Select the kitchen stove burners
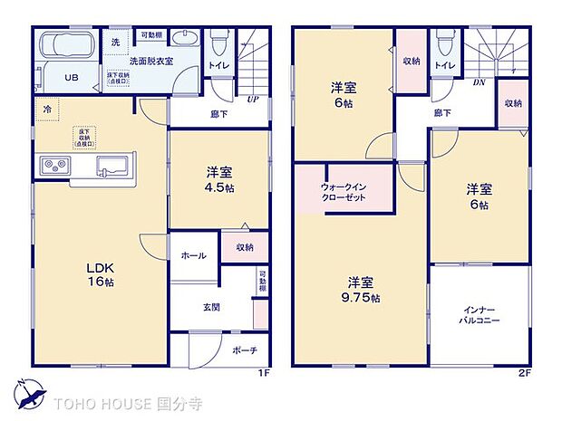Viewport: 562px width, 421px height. (x=53, y=166)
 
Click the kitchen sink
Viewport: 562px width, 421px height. (x=111, y=166)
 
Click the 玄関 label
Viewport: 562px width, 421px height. (x=210, y=308)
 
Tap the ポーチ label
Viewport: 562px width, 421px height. (x=244, y=349)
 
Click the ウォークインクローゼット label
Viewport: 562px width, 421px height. (x=344, y=192)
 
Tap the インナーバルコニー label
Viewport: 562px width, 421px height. (x=479, y=315)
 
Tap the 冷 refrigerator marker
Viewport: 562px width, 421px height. (x=45, y=109)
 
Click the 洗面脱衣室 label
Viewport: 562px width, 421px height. (x=150, y=62)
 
